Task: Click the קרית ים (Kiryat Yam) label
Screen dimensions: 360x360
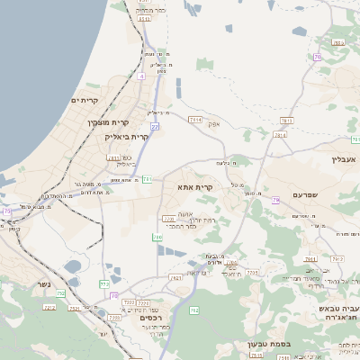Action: tap(89, 101)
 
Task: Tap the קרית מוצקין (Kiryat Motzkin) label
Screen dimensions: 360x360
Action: tap(108, 122)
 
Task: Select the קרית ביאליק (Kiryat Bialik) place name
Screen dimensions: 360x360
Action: tap(126, 137)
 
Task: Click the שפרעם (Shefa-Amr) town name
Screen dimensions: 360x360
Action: tap(305, 194)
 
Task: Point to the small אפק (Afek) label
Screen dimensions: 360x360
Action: tap(213, 123)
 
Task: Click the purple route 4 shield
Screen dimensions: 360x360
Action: tap(141, 76)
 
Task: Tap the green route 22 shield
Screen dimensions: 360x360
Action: tap(155, 127)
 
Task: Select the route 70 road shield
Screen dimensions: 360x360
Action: tap(318, 57)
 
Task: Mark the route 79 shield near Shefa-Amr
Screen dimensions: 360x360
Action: tap(276, 200)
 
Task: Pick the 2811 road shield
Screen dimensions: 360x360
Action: tap(280, 135)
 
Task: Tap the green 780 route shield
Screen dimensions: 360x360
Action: tap(157, 238)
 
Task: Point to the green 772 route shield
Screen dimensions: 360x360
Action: tap(103, 284)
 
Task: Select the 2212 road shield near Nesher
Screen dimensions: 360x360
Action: tap(49, 308)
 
